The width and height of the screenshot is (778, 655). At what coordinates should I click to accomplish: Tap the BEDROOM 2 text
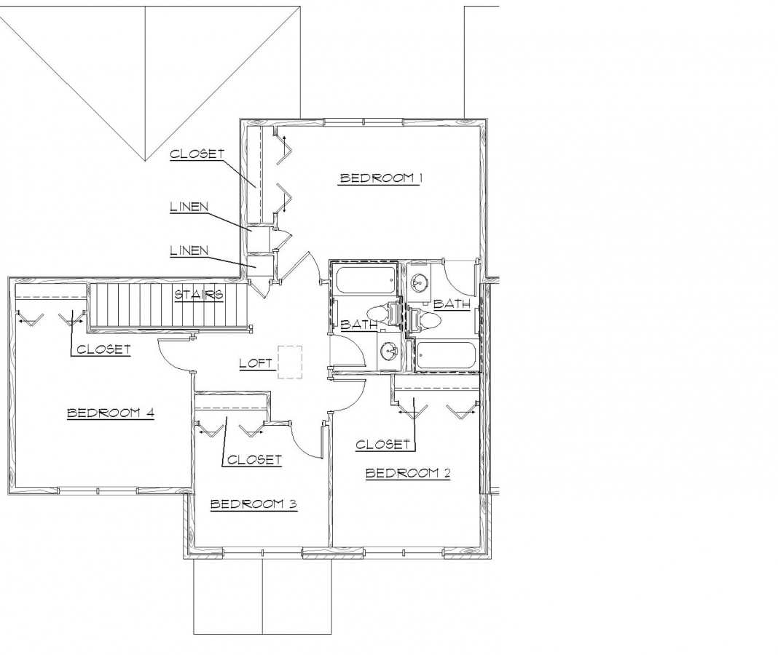[x=408, y=474]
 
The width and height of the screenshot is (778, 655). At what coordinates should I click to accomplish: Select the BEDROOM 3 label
[x=254, y=504]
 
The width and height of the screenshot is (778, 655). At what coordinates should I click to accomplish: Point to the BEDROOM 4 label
[x=111, y=413]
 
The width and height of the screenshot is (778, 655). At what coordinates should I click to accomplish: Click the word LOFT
[x=256, y=362]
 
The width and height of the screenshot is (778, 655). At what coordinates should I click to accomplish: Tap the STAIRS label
[x=198, y=295]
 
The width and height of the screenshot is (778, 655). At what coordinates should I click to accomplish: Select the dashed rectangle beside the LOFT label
[x=290, y=362]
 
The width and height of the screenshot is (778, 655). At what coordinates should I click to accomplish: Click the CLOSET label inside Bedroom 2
[x=383, y=445]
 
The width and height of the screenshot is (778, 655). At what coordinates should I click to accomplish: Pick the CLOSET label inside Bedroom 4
[x=103, y=349]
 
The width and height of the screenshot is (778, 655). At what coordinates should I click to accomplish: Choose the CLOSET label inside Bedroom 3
[x=254, y=460]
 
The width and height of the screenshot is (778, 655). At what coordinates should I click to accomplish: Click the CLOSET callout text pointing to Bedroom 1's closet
[x=197, y=154]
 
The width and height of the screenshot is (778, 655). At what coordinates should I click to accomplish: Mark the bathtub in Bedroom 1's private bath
[x=445, y=356]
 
